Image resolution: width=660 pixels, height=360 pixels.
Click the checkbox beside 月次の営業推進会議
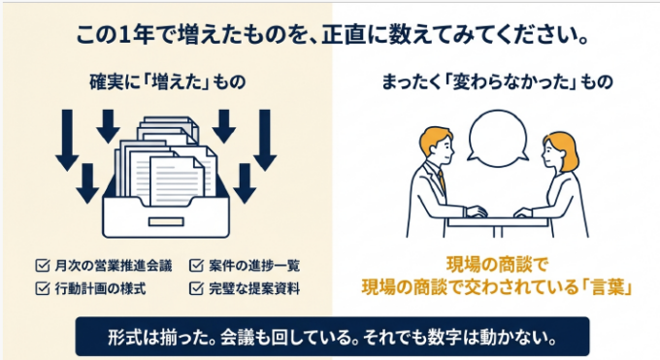(43, 266)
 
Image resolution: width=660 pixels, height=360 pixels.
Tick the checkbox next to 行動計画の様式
(43, 288)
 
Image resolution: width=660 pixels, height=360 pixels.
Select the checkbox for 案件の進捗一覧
(197, 266)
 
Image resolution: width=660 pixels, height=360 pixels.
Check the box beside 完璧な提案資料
(197, 288)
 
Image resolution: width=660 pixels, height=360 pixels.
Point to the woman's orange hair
(564, 149)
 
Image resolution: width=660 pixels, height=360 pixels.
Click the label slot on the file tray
(166, 221)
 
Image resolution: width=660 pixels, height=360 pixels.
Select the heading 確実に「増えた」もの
(168, 82)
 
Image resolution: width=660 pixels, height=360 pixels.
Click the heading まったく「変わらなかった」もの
(497, 82)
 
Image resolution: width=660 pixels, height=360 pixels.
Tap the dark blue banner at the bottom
(333, 337)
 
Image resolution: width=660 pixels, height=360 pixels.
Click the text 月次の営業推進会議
(114, 266)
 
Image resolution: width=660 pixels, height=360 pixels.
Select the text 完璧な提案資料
(254, 288)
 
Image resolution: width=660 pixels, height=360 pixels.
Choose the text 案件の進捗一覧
(254, 266)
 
